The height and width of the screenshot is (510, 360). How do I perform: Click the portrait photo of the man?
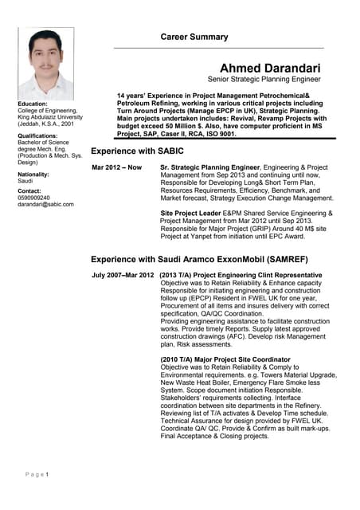pos(45,63)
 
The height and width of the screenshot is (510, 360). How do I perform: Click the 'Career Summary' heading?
pos(194,37)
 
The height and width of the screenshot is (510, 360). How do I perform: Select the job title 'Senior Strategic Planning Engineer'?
pos(264,80)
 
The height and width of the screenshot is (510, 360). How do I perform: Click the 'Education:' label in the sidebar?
pos(33,104)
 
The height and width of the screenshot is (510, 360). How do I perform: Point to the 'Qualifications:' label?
pos(38,136)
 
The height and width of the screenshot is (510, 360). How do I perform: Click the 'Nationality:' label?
pos(33,174)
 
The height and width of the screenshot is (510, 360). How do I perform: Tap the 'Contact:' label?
pos(29,191)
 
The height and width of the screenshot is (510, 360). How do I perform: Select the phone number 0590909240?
pos(33,198)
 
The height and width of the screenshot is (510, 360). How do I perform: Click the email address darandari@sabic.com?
pos(45,205)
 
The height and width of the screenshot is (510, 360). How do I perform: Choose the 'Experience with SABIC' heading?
pos(137,151)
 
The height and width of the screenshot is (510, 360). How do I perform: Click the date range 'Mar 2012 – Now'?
pos(117,167)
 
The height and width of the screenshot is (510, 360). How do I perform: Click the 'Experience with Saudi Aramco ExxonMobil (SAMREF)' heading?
pos(199,260)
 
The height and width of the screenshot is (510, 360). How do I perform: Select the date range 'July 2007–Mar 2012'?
pos(123,275)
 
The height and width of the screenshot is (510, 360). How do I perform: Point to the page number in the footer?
pos(47,475)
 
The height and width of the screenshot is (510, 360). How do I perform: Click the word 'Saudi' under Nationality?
pos(25,181)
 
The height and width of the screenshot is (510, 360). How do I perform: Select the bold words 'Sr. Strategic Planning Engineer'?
pos(210,167)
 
